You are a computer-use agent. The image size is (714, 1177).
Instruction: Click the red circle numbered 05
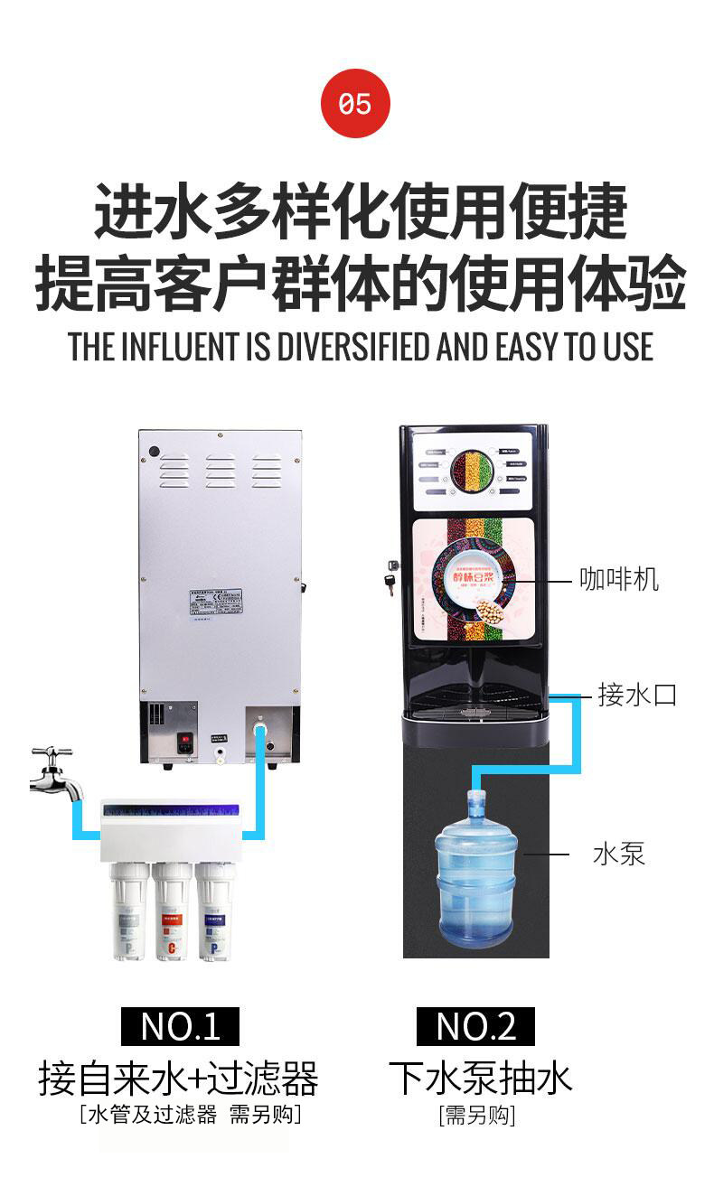tap(355, 104)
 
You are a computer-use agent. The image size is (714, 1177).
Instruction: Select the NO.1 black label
tap(180, 1026)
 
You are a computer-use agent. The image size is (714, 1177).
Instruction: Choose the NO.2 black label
tap(475, 1026)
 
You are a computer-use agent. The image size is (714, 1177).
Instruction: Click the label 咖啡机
tap(619, 579)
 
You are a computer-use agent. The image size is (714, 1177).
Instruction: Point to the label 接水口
tap(637, 695)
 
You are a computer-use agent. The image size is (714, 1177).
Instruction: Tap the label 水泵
tap(619, 854)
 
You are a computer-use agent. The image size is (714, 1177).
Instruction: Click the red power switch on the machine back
tap(186, 746)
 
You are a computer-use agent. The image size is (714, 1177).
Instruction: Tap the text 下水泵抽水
tap(480, 1078)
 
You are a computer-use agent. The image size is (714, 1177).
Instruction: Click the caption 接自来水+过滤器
tap(178, 1079)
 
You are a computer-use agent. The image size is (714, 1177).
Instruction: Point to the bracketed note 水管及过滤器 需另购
tap(190, 1115)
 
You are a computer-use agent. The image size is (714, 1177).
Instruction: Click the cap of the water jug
tap(475, 798)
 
